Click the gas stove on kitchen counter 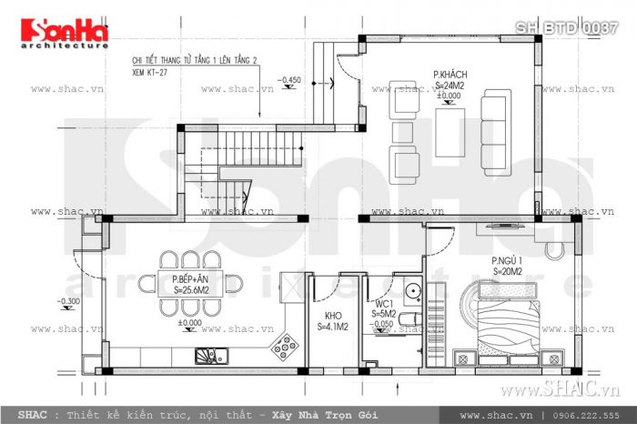click(x=285, y=347)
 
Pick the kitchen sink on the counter click(x=207, y=354)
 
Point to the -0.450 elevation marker click(x=291, y=82)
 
